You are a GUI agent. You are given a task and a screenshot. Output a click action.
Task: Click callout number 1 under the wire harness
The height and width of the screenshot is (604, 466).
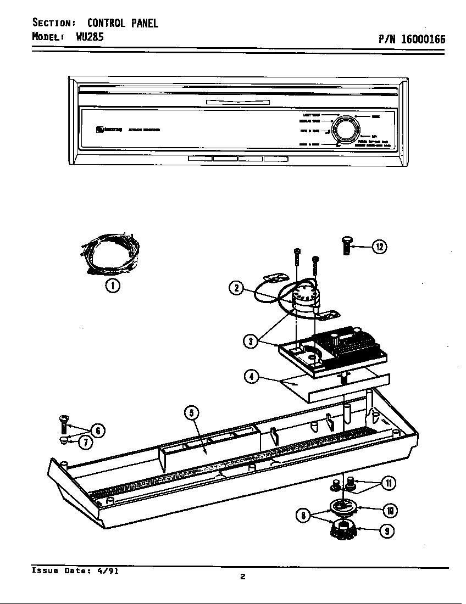tap(113, 286)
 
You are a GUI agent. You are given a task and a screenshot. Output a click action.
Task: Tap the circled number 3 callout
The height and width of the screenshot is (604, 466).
tap(251, 341)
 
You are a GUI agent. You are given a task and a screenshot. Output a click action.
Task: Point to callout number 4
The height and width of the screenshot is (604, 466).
tap(251, 377)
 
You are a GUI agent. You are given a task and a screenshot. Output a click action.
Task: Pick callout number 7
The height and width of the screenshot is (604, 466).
tap(85, 442)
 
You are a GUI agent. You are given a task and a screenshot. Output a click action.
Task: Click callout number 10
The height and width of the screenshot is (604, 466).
tap(390, 511)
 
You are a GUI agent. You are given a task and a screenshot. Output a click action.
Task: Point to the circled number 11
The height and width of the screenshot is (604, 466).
tap(388, 483)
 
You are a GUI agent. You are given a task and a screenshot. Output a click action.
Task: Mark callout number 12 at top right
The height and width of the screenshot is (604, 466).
tap(379, 247)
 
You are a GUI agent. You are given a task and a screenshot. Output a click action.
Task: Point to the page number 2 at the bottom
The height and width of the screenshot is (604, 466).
tap(242, 576)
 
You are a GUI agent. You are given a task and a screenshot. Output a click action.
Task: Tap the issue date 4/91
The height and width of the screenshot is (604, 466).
tap(108, 571)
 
